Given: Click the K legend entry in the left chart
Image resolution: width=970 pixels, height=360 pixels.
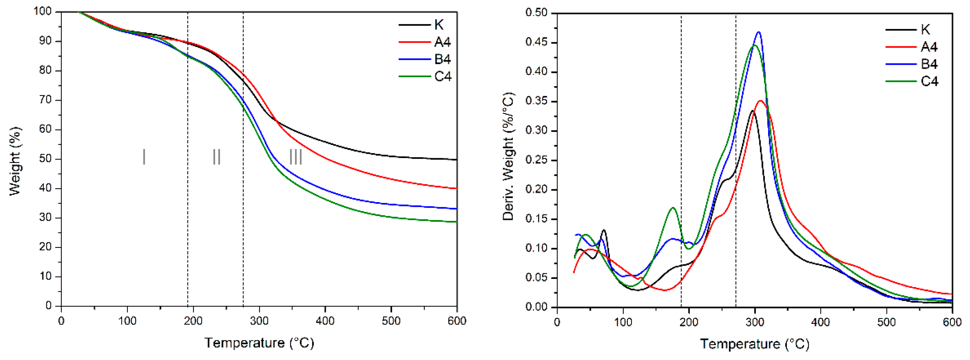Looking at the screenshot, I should pyautogui.click(x=439, y=25).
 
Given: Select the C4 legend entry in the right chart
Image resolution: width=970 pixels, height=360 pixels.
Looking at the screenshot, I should pyautogui.click(x=929, y=81).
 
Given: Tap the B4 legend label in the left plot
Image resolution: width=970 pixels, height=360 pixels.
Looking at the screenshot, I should pyautogui.click(x=442, y=60).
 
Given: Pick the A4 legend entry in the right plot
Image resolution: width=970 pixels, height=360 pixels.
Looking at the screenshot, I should pyautogui.click(x=929, y=47).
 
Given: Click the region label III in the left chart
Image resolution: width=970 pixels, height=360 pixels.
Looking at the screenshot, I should pyautogui.click(x=296, y=157).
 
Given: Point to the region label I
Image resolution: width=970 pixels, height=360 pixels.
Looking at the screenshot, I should pyautogui.click(x=144, y=157).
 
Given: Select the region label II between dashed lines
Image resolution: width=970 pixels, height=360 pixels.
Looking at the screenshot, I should pyautogui.click(x=216, y=157).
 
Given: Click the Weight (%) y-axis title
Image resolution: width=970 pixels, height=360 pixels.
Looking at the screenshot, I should pyautogui.click(x=15, y=161).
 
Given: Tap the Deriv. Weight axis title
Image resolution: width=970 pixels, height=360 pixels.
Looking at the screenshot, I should pyautogui.click(x=508, y=157).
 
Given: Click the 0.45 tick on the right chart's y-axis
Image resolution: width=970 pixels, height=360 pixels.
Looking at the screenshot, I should pyautogui.click(x=536, y=42).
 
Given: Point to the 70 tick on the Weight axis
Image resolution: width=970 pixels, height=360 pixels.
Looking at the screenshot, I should pyautogui.click(x=45, y=100).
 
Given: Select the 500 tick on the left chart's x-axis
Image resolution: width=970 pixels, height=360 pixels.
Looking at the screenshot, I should pyautogui.click(x=391, y=321).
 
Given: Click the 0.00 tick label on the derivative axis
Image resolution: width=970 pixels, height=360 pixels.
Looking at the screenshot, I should pyautogui.click(x=536, y=307).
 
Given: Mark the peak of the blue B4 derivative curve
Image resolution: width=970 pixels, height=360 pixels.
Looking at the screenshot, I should pyautogui.click(x=759, y=32).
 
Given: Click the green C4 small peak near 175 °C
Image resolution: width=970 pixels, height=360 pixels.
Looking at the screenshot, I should pyautogui.click(x=673, y=208).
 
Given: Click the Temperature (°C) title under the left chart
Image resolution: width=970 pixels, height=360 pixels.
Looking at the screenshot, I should pyautogui.click(x=259, y=343).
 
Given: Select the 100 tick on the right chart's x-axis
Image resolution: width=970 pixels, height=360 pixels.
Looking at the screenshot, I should pyautogui.click(x=623, y=322).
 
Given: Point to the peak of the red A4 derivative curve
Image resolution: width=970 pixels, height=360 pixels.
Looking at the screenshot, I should pyautogui.click(x=761, y=100).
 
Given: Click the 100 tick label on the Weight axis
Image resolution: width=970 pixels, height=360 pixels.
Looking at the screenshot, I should pyautogui.click(x=42, y=11).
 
